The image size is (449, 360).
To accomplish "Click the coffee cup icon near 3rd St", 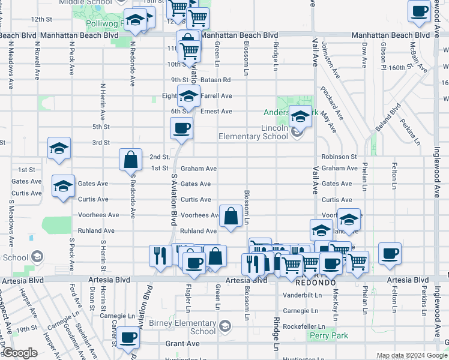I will tap(182, 128).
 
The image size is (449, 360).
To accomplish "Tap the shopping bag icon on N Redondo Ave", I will tap(130, 160).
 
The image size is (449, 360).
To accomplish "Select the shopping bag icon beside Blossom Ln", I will tap(231, 216).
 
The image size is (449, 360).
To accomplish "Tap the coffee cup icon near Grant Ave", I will tap(128, 338).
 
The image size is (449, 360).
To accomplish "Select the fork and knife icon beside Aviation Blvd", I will tap(159, 256).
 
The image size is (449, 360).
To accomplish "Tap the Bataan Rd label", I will tap(218, 80).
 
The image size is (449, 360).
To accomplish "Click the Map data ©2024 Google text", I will tap(411, 355).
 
